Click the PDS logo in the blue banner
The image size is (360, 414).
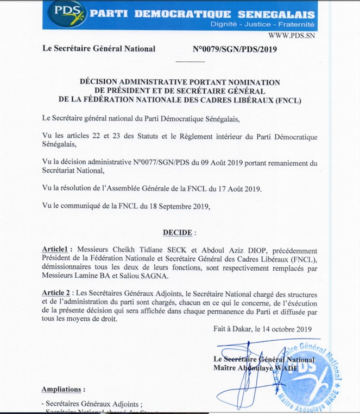pos(62,13)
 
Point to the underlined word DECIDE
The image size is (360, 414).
pos(178,232)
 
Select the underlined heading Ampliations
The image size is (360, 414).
pos(63,389)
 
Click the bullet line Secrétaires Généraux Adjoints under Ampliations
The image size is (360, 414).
pos(91,403)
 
